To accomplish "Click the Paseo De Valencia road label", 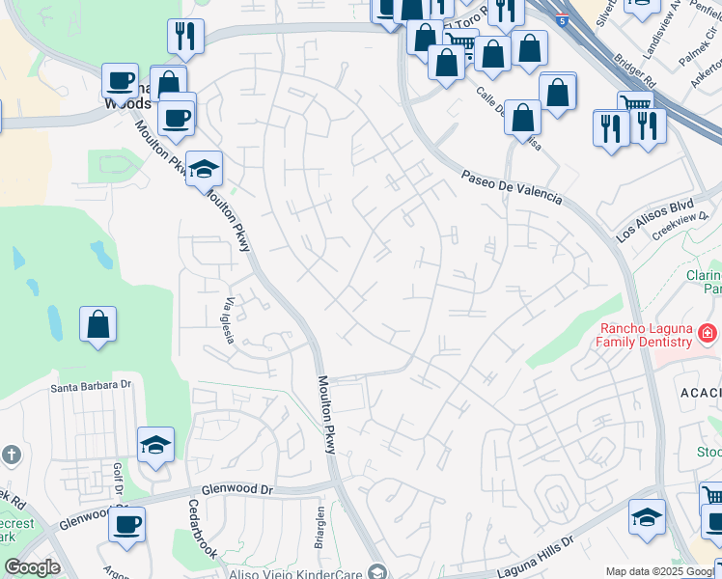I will [512, 187].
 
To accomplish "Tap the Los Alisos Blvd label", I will [655, 221].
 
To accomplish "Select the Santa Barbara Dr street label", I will [90, 386].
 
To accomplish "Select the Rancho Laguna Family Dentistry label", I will [644, 335].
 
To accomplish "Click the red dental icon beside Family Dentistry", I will [708, 334].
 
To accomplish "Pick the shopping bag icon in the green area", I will [97, 324].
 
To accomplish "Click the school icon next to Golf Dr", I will [155, 445].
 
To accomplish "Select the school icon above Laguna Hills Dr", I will [647, 516].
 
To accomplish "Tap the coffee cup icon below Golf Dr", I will [126, 525].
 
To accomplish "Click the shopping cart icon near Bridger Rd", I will [635, 103].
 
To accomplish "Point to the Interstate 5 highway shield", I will [562, 19].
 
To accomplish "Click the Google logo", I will [32, 567].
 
